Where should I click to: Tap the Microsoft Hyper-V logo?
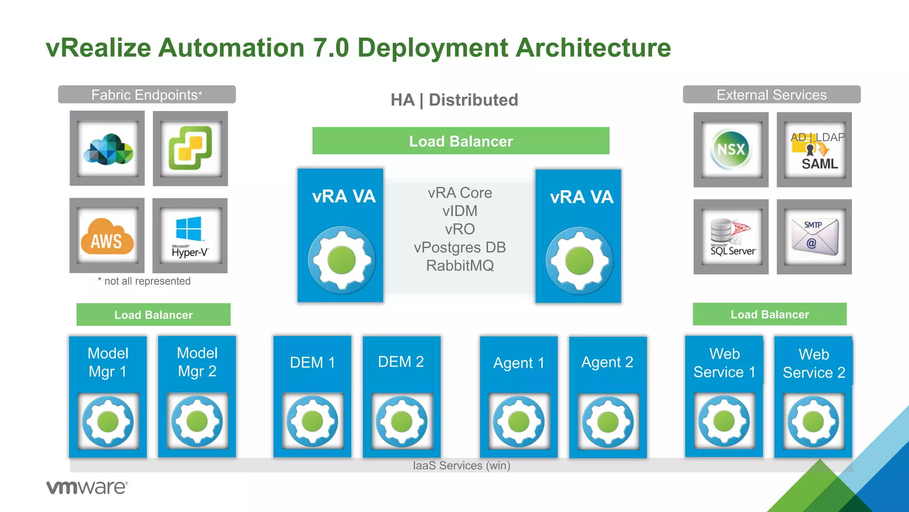tap(190, 236)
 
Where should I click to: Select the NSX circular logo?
tap(731, 149)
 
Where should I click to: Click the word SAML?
tap(819, 164)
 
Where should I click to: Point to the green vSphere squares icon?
tap(190, 148)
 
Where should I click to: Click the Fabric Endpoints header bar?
tap(147, 95)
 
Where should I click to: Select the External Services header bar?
tap(771, 95)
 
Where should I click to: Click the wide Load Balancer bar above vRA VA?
tap(461, 141)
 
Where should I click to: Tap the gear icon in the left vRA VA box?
tap(341, 260)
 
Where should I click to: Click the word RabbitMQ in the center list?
tap(460, 266)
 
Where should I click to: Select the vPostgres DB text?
tap(460, 248)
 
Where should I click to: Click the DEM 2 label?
tap(401, 362)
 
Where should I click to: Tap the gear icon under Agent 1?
tap(518, 421)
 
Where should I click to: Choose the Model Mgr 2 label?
tap(197, 362)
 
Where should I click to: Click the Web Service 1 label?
tap(724, 363)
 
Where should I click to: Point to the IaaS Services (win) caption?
tap(462, 465)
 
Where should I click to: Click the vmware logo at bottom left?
tap(87, 487)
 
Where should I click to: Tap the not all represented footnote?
tap(145, 281)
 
